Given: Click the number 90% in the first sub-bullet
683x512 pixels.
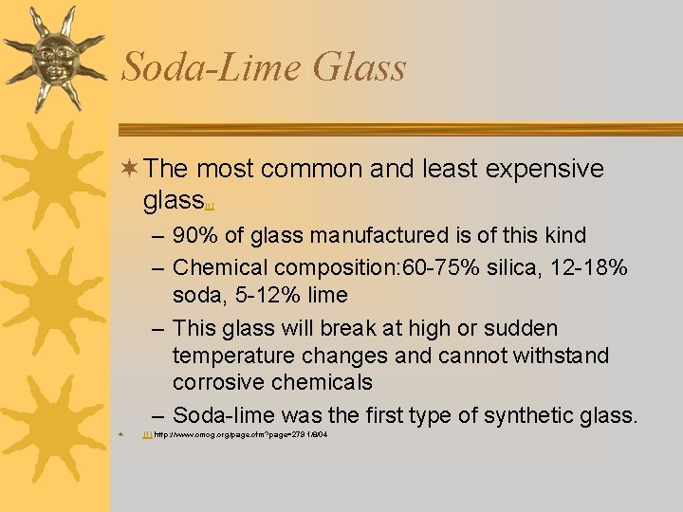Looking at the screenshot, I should coord(197,235).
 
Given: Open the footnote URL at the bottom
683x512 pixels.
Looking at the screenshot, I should coord(241,434).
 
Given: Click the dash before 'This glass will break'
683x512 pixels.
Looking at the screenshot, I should coord(157,328).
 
